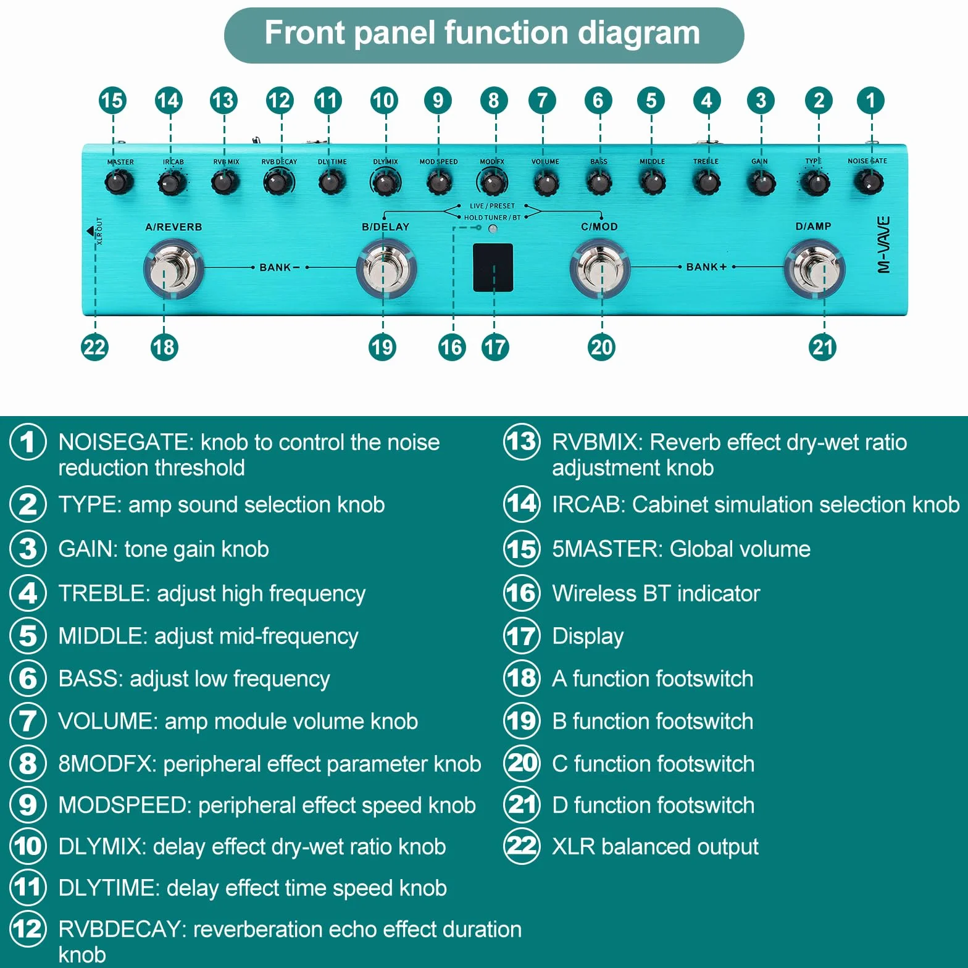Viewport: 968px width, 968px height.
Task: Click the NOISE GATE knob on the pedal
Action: tap(869, 182)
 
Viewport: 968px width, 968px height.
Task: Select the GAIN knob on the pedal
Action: tap(762, 183)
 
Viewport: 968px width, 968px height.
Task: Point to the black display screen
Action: tap(493, 267)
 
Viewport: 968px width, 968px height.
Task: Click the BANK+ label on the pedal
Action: tap(706, 267)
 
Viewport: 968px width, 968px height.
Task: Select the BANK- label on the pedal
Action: tap(280, 267)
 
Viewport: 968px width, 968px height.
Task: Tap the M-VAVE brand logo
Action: tap(883, 244)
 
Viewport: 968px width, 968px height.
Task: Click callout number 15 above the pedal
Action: tap(112, 101)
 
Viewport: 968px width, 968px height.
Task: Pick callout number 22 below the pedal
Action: tap(94, 347)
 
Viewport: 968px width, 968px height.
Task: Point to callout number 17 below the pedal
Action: tap(495, 347)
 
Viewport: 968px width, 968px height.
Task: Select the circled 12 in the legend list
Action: tap(28, 928)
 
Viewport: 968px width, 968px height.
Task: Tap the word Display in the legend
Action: tap(588, 636)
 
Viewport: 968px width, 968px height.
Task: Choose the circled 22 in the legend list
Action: tap(522, 846)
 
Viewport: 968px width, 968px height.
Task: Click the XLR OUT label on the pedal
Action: tap(99, 231)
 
